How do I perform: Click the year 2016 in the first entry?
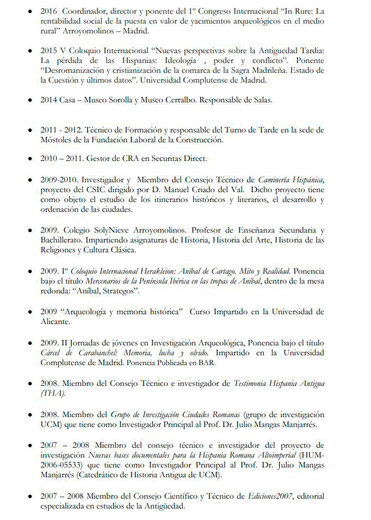[49, 11]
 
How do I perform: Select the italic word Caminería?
[276, 179]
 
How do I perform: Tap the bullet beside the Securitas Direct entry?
[31, 159]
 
